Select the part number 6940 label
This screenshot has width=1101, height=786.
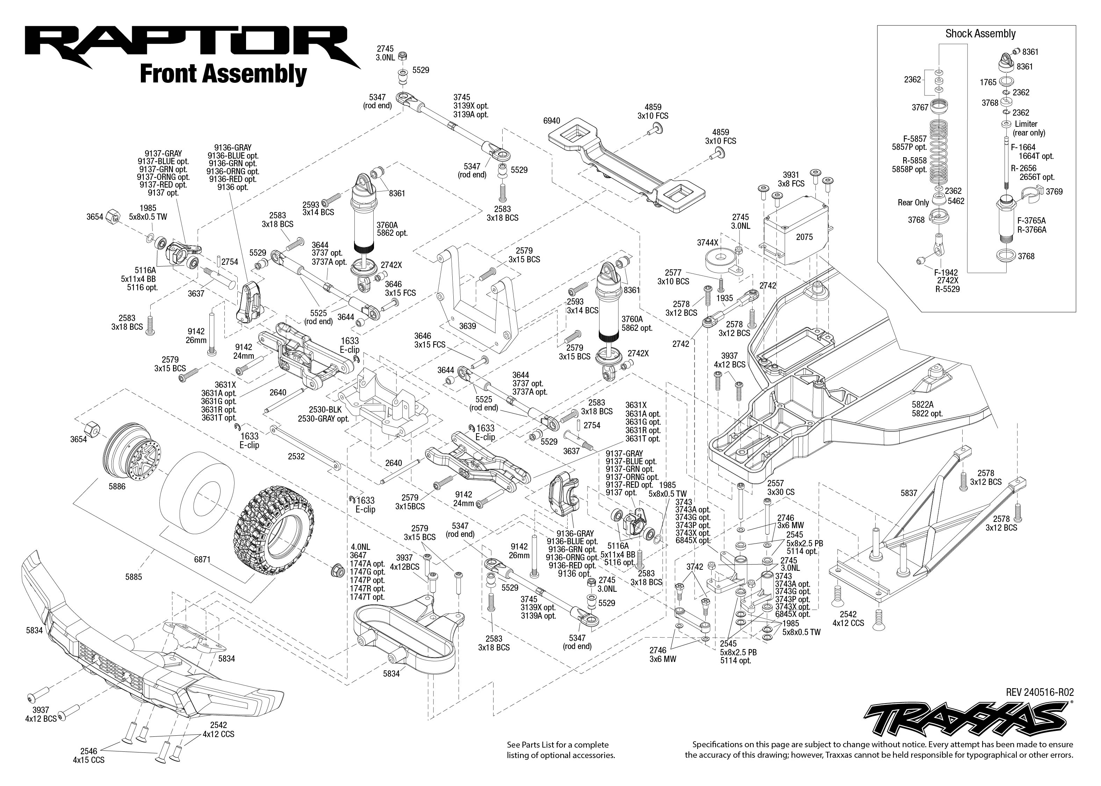[x=552, y=121]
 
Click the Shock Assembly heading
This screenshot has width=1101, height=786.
[x=980, y=34]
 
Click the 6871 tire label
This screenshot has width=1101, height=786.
[x=202, y=560]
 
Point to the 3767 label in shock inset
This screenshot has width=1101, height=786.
[x=920, y=108]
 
